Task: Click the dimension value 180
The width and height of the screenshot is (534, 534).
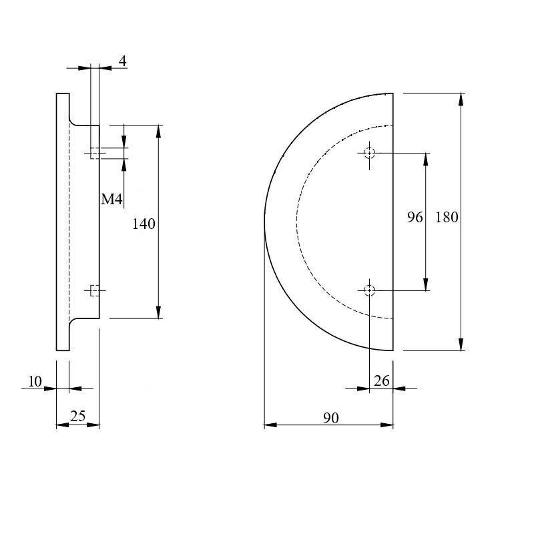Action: click(x=447, y=218)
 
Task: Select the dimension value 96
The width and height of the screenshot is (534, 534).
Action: click(x=415, y=218)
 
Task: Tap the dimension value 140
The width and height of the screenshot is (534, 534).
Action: click(x=144, y=224)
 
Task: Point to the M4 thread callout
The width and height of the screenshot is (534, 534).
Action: click(x=111, y=199)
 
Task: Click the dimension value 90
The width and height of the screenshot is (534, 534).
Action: click(x=331, y=418)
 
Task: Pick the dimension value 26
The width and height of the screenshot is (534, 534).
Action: click(x=381, y=381)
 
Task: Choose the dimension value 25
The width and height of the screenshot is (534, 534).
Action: click(x=77, y=416)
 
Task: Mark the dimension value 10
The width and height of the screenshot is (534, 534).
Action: click(x=35, y=381)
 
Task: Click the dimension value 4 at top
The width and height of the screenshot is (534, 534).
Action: click(x=123, y=61)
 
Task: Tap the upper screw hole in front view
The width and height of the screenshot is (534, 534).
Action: click(x=370, y=154)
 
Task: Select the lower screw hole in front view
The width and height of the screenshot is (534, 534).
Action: click(x=370, y=290)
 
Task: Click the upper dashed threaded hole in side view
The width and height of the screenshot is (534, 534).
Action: click(x=95, y=154)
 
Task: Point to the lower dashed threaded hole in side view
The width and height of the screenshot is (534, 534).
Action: click(x=95, y=290)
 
